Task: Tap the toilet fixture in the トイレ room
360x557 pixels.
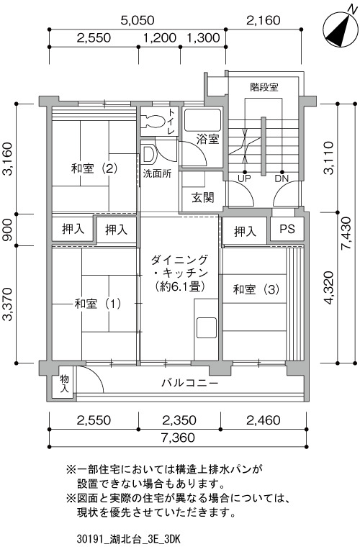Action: pyautogui.click(x=153, y=121)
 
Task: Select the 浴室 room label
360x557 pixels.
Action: pyautogui.click(x=207, y=139)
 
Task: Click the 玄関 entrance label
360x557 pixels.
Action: pyautogui.click(x=203, y=197)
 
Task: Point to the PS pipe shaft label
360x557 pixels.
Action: pyautogui.click(x=287, y=229)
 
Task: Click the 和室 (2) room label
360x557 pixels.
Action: pyautogui.click(x=94, y=168)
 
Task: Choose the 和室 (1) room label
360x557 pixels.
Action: pyautogui.click(x=97, y=304)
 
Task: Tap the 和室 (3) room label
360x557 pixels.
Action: pyautogui.click(x=256, y=289)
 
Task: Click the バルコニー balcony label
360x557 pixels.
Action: pyautogui.click(x=190, y=384)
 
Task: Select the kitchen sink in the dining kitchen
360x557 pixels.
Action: pyautogui.click(x=206, y=327)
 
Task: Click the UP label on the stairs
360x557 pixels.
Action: pyautogui.click(x=244, y=178)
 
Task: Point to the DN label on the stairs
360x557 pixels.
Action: pyautogui.click(x=282, y=178)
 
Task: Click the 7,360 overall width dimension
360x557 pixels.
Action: pyautogui.click(x=178, y=438)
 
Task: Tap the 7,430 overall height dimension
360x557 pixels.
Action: pyautogui.click(x=346, y=233)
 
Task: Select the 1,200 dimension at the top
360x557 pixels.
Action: pyautogui.click(x=160, y=37)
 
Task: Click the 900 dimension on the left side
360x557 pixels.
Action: pyautogui.click(x=8, y=230)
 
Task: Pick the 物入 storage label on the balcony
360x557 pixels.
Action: pyautogui.click(x=64, y=383)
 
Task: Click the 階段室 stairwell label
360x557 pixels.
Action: pyautogui.click(x=264, y=87)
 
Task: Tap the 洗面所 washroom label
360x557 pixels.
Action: pyautogui.click(x=157, y=173)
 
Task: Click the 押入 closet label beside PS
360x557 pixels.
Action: pyautogui.click(x=245, y=232)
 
